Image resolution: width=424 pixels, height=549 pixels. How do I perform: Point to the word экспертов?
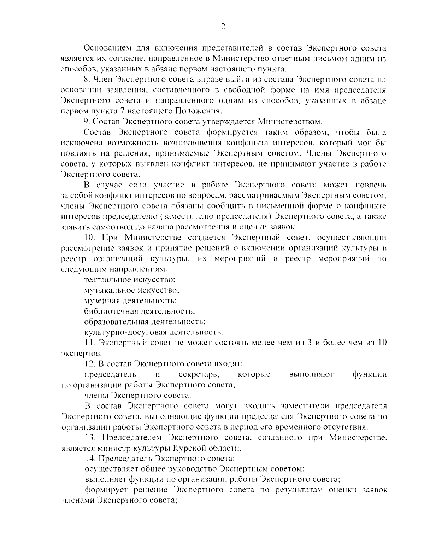coord(77,354)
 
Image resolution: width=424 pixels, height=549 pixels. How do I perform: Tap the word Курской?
coord(188,448)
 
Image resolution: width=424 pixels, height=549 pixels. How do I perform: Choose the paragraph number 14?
coord(90,459)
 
